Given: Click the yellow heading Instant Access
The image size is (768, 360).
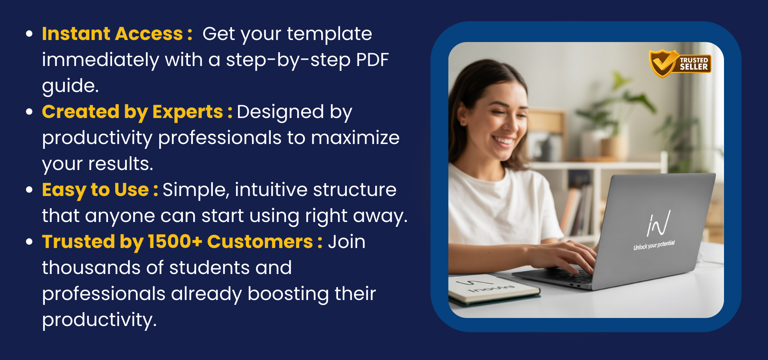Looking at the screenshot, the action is click(112, 34).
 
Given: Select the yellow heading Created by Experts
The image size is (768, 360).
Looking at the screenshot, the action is click(132, 112).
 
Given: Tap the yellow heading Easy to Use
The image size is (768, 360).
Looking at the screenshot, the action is click(96, 190).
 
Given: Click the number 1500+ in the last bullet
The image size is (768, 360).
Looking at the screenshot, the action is click(175, 242).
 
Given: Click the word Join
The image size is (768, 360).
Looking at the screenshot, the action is click(346, 242).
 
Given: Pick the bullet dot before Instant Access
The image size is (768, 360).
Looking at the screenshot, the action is click(29, 34).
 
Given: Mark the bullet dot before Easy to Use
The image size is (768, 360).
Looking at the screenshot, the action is click(29, 190).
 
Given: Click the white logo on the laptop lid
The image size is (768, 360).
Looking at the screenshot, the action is click(658, 223).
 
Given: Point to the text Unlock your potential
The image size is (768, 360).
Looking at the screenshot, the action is click(654, 245).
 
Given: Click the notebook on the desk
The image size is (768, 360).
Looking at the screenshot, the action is click(494, 289).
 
